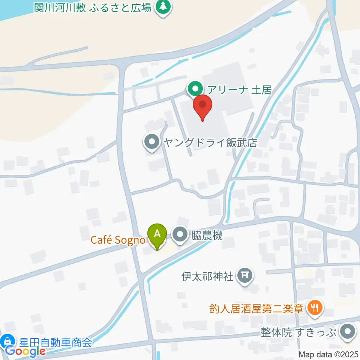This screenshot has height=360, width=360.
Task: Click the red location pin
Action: (202, 106)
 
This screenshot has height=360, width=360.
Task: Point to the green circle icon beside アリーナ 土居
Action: (195, 90)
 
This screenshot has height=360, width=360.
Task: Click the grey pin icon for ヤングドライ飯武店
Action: (152, 142)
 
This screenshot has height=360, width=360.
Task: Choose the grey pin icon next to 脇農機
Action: (180, 235)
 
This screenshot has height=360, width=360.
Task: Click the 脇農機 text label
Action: (207, 235)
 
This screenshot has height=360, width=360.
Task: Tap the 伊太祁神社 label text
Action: (208, 277)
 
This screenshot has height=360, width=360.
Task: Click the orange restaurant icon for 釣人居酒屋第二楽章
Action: (314, 308)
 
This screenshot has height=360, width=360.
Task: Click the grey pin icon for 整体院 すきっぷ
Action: (348, 332)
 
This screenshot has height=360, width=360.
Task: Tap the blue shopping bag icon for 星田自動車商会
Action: (6, 341)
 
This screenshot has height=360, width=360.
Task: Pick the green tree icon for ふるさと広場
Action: (163, 6)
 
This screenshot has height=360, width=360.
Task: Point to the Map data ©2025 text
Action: (328, 354)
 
